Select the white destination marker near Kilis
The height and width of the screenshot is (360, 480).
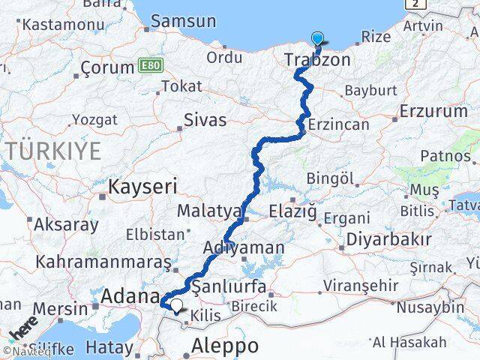[x=175, y=305]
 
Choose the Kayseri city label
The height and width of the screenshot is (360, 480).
[x=142, y=186]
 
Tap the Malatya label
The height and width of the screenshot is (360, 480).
[x=209, y=211]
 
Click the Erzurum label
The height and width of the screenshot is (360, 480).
[x=433, y=111]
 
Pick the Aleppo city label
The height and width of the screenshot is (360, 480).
[x=225, y=346]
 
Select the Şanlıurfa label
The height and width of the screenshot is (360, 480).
[x=229, y=286]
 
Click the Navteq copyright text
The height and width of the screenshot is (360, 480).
[x=22, y=350]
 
